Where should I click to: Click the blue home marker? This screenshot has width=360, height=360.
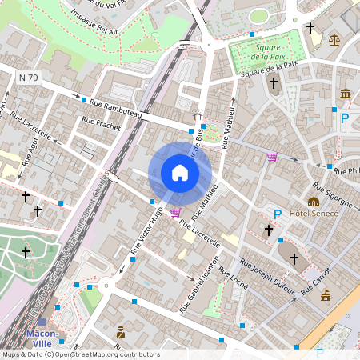(x=180, y=173)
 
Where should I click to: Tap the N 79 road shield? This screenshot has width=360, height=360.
(x=29, y=77)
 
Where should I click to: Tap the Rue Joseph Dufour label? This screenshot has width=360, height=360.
(x=267, y=277)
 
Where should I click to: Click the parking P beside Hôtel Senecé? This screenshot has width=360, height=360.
(x=278, y=214)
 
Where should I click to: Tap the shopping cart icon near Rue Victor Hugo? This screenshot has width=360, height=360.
(x=174, y=212)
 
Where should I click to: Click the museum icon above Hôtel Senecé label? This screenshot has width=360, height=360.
(x=314, y=202)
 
